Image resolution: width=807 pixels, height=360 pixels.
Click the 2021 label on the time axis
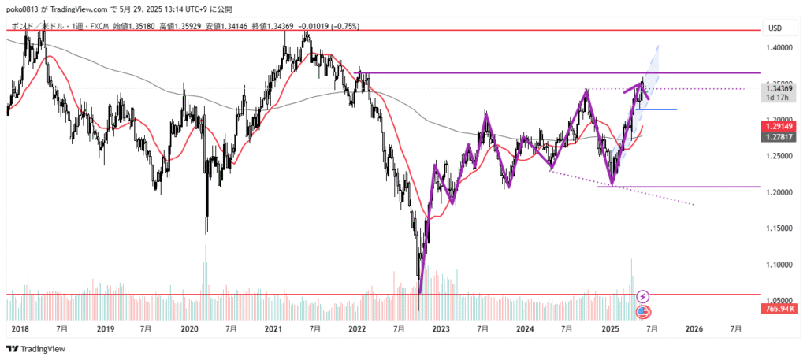pos(273,328)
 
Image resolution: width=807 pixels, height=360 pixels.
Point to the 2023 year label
pos(441,328)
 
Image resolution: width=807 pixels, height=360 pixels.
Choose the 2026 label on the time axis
pos(694,328)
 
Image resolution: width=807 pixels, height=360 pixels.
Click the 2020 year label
pos(188,328)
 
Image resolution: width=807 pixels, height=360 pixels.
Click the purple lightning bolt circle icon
pos(643,296)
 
